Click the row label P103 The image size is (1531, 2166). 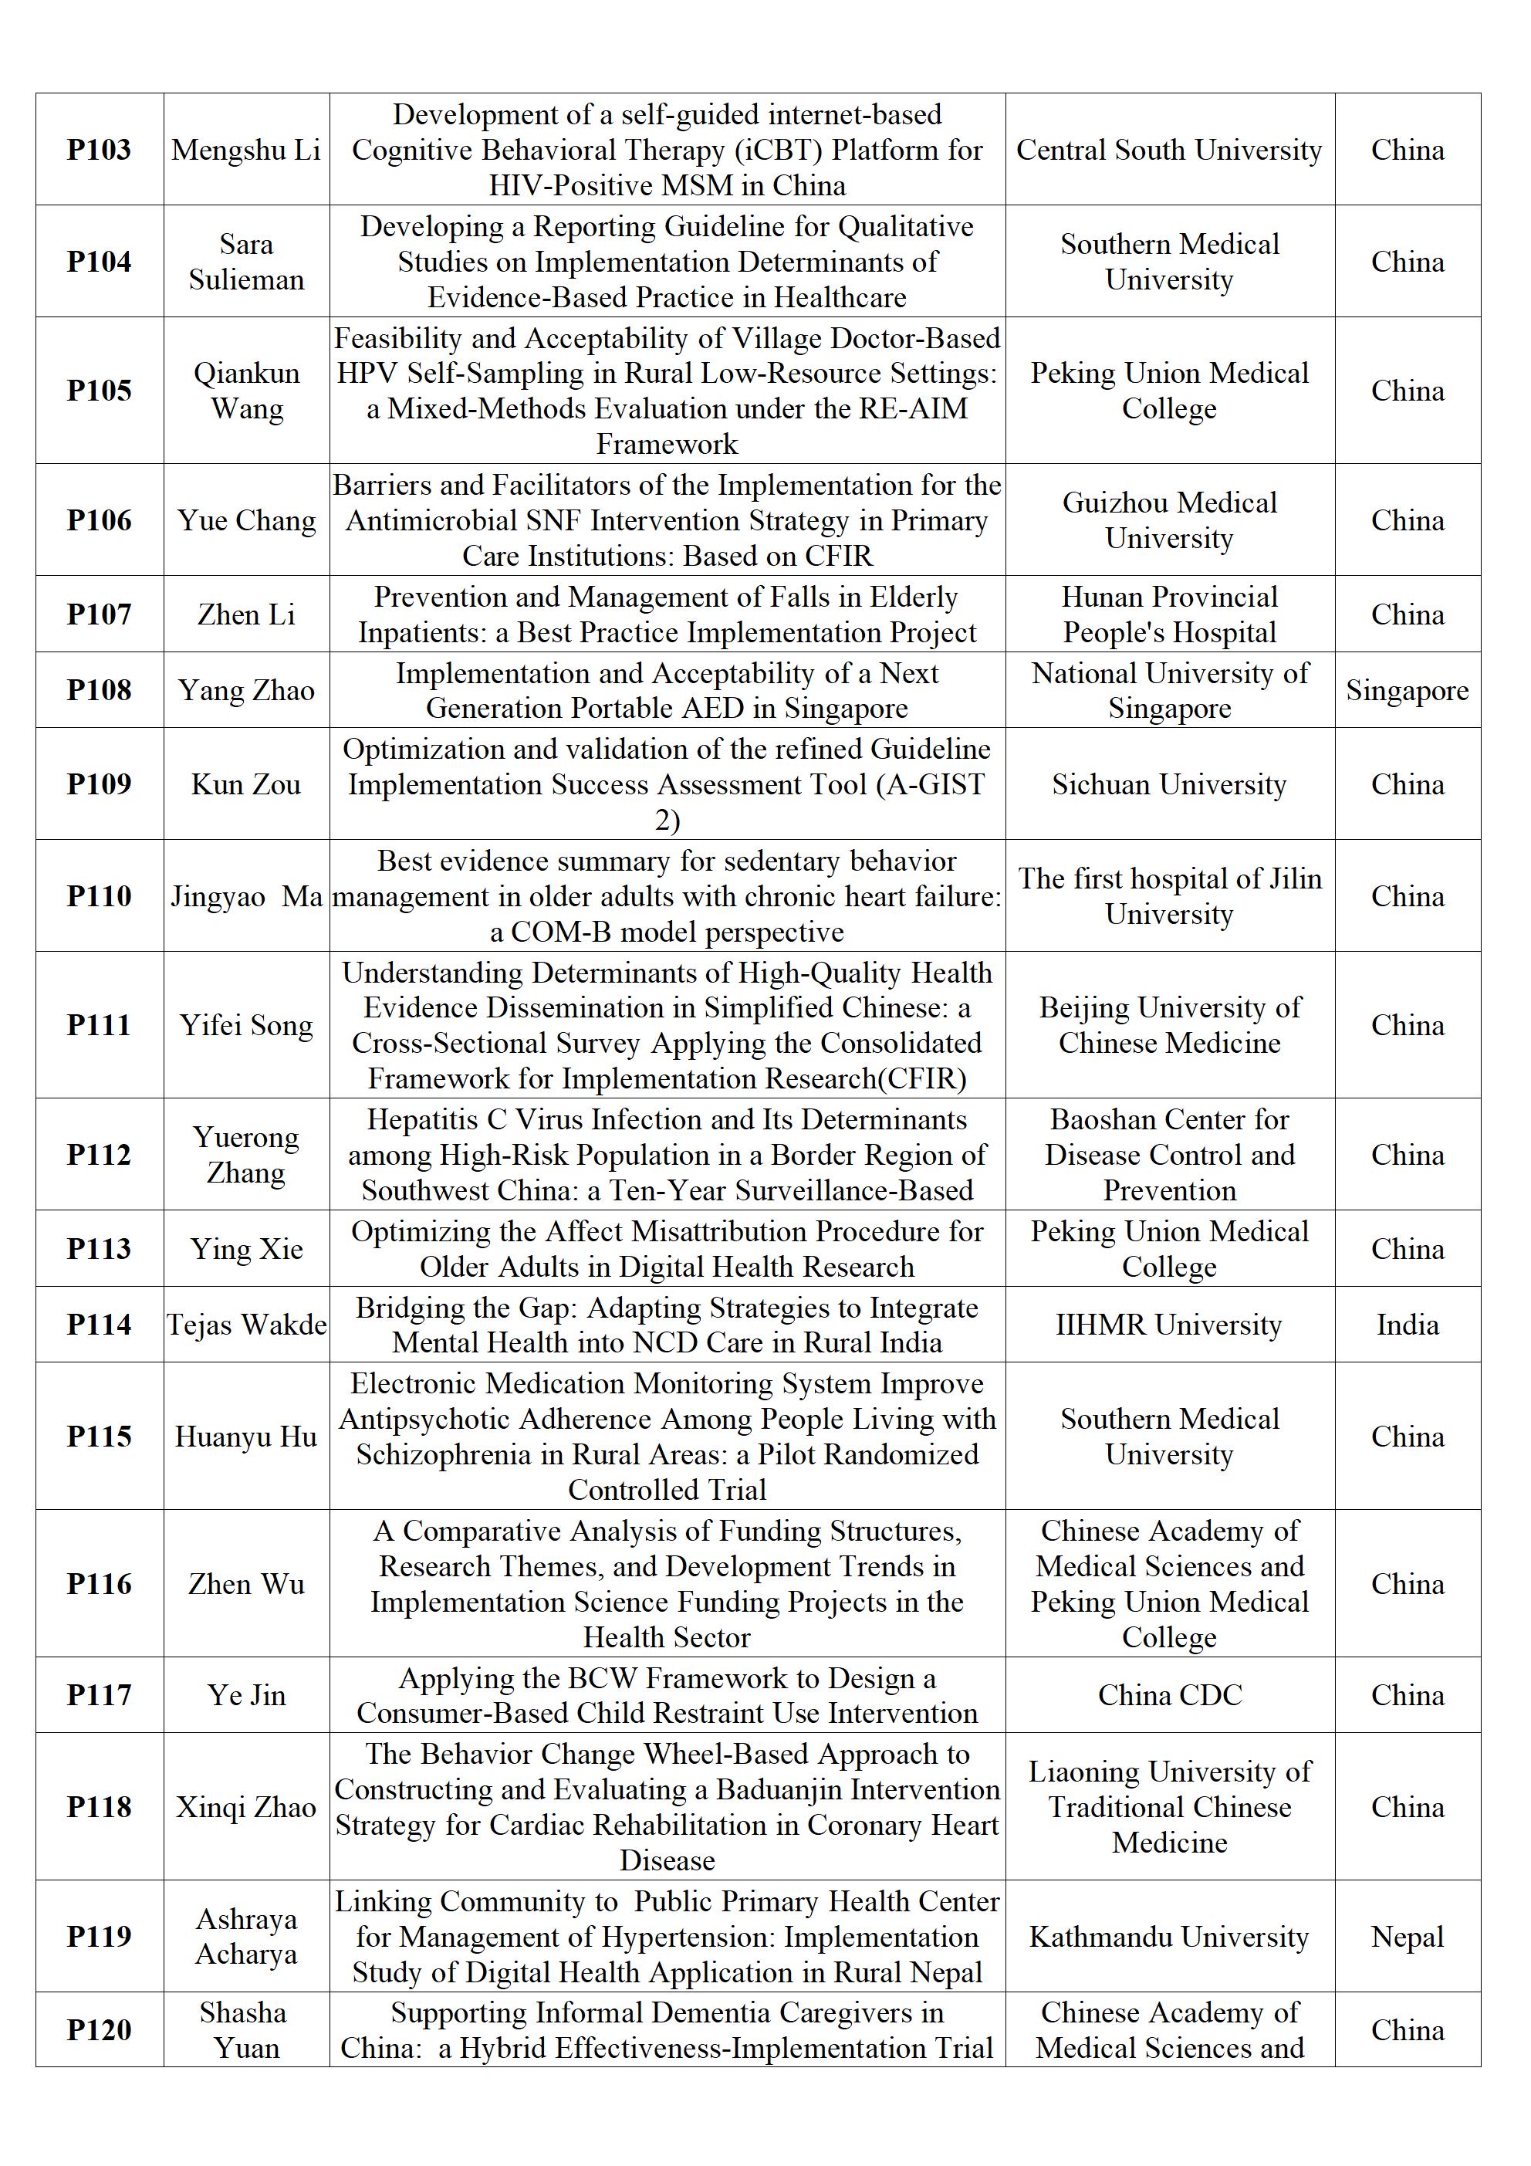point(99,150)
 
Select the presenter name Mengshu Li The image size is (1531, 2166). point(246,150)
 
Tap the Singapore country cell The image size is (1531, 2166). point(1407,691)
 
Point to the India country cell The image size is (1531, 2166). point(1407,1325)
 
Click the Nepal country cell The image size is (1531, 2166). point(1407,1937)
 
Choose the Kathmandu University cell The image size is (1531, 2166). point(1169,1937)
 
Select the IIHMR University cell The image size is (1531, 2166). point(1169,1325)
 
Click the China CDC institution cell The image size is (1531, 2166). point(1169,1695)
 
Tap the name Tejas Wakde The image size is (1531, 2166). point(246,1325)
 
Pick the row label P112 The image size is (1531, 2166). point(99,1155)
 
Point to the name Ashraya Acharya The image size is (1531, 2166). point(246,1937)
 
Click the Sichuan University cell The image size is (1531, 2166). point(1169,784)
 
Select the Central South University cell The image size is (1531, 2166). point(1169,150)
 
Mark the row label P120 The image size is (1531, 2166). point(99,2030)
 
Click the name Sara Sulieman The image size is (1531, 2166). point(246,262)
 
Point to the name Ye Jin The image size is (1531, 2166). point(246,1695)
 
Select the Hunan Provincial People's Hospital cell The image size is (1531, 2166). point(1169,614)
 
